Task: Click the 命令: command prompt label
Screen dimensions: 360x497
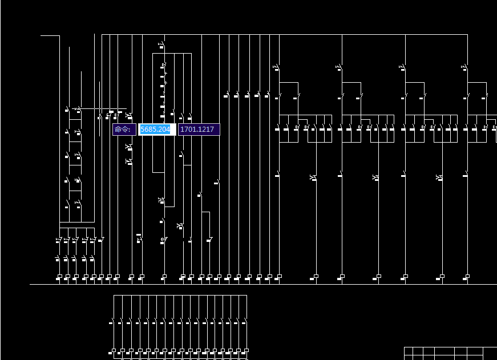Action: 123,130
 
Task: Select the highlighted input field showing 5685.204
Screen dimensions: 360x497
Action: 156,130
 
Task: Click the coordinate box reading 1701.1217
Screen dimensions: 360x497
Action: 198,130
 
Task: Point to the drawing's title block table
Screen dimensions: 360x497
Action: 450,353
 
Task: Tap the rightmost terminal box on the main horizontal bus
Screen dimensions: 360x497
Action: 467,277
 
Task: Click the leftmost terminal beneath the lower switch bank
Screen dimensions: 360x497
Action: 114,350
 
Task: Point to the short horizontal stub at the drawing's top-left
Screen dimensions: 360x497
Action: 50,35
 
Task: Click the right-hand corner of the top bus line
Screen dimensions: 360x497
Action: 467,35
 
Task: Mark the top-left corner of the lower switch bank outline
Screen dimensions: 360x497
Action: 114,296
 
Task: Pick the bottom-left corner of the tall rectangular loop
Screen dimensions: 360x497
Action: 153,172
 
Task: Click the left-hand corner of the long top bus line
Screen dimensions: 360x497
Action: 102,35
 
